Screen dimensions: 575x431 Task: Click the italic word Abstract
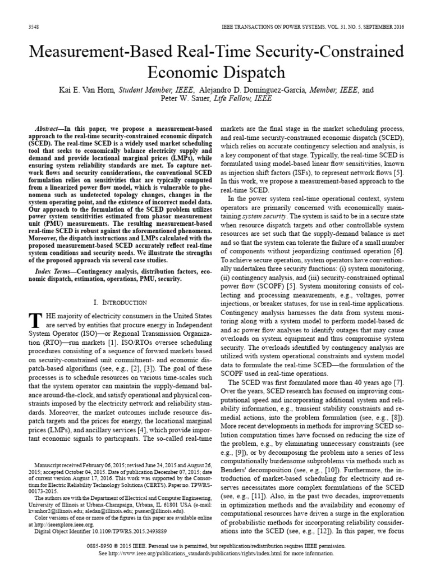pyautogui.click(x=48, y=128)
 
